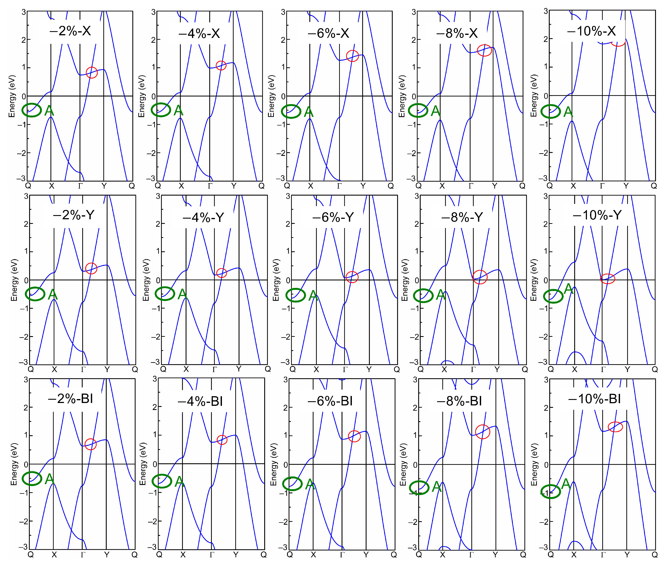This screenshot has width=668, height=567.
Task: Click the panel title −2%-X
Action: point(70,31)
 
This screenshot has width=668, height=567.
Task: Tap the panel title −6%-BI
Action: point(330,401)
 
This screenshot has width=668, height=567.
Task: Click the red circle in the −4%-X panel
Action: point(221,66)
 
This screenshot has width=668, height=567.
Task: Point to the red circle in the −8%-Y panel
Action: point(480,277)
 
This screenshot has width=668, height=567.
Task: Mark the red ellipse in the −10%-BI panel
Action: point(615,427)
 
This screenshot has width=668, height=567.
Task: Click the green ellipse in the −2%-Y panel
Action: point(35,294)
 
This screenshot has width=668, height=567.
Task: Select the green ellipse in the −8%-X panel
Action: point(418,111)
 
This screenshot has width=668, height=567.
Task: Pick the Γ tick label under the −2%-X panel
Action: point(80,186)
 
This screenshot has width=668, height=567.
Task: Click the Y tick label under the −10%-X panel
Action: point(626,186)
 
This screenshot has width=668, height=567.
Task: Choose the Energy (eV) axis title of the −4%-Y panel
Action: point(146,280)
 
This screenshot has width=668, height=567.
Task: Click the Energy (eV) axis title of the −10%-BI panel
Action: point(534,464)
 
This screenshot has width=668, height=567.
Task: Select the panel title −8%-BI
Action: point(459,401)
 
